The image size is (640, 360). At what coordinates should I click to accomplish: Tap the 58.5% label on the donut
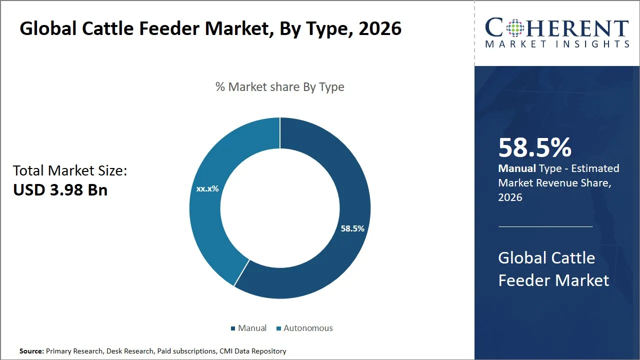352,228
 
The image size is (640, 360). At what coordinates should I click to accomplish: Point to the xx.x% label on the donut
207,189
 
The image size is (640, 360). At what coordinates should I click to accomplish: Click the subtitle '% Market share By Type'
280,87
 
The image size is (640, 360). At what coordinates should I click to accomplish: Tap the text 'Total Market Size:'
70,171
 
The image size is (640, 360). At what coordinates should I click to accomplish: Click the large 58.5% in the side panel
535,148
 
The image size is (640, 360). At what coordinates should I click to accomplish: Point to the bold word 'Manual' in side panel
517,168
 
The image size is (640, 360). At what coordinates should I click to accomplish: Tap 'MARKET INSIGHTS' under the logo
557,44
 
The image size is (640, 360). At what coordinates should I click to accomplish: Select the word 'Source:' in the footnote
31,351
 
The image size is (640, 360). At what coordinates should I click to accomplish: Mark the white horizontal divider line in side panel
545,226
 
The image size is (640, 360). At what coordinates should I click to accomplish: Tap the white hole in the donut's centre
280,207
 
